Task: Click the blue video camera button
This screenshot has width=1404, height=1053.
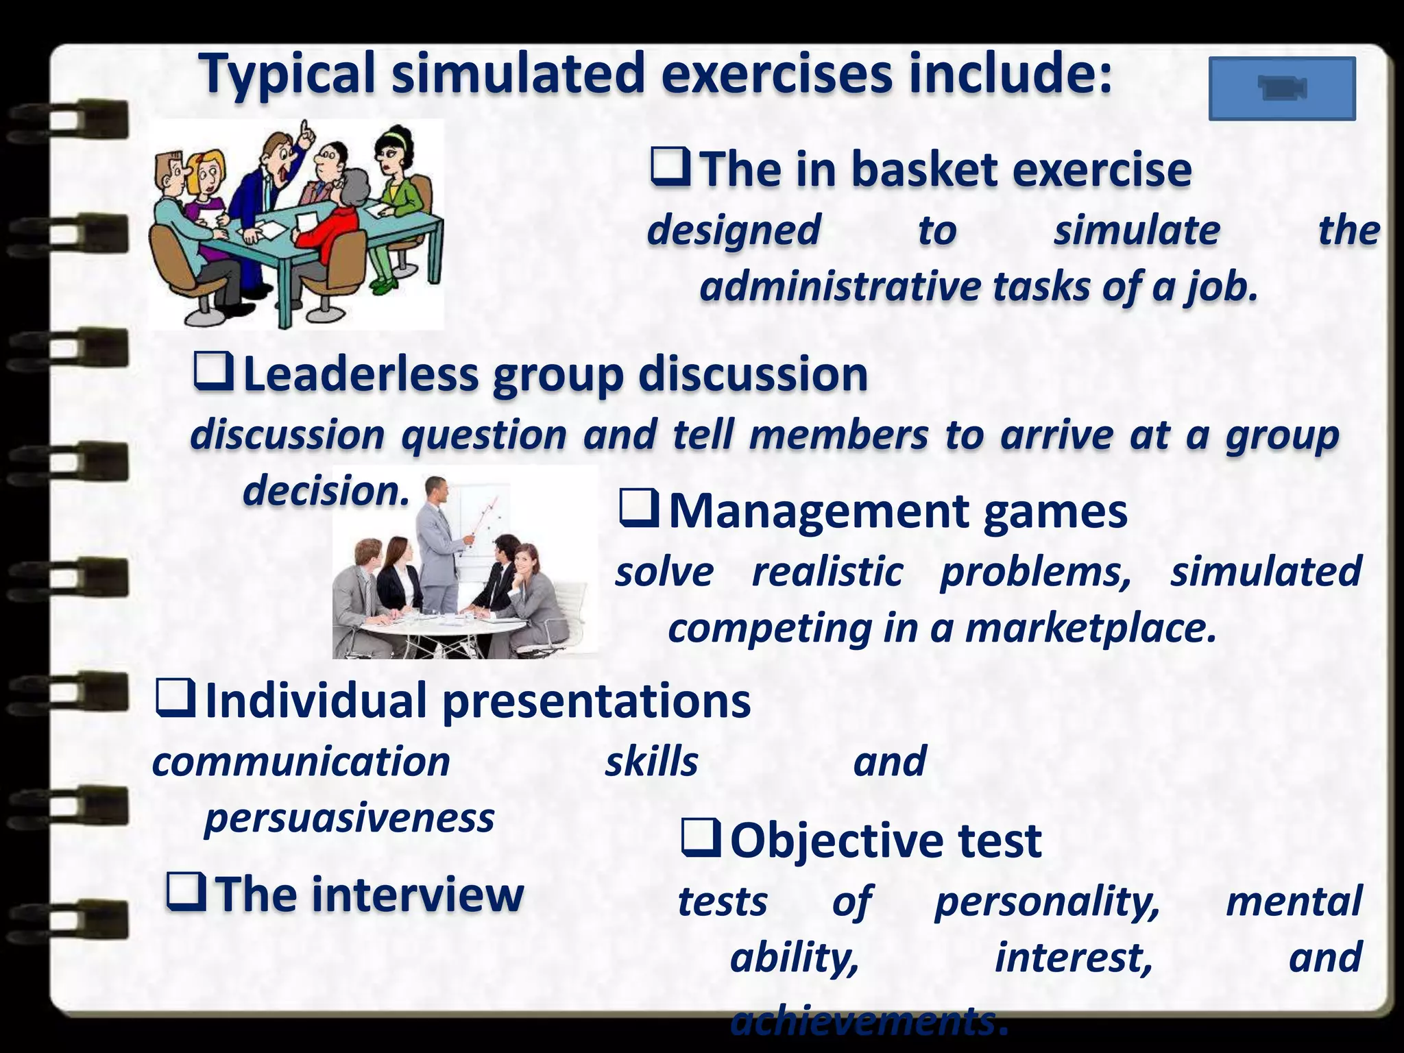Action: point(1282,89)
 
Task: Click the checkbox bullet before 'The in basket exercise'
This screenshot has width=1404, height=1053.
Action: point(670,168)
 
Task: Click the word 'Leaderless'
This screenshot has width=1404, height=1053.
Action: point(361,375)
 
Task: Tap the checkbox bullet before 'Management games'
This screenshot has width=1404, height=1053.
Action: point(639,509)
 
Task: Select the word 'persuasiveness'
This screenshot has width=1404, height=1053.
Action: point(349,818)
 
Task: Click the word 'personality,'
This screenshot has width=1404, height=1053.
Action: point(1047,901)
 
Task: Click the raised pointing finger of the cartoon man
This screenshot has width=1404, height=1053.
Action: point(306,128)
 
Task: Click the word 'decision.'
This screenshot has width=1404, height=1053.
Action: point(326,492)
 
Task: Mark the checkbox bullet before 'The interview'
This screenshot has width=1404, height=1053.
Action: point(186,893)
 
